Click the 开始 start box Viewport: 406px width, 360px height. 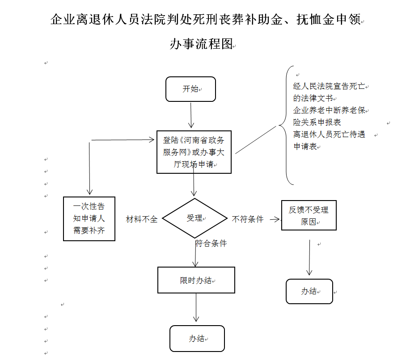point(190,89)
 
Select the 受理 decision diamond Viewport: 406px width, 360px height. point(195,218)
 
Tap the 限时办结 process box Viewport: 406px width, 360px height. point(196,280)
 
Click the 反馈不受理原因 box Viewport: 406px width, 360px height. point(309,215)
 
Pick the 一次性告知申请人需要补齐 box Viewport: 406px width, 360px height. point(89,219)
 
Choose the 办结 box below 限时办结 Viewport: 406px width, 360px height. point(197,339)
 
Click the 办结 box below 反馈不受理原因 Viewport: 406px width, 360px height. point(309,291)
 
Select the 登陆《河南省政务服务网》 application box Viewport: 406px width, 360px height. point(194,152)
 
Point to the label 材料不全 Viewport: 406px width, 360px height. point(142,219)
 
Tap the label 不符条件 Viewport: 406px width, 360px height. point(247,219)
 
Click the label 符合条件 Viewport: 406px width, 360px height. point(211,243)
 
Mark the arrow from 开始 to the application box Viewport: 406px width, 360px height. point(191,116)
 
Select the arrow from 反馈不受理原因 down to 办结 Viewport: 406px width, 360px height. point(309,258)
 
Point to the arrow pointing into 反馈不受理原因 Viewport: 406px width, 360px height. point(275,219)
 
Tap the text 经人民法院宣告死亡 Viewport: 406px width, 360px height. point(329,86)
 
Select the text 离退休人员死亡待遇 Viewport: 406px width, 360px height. point(329,134)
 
